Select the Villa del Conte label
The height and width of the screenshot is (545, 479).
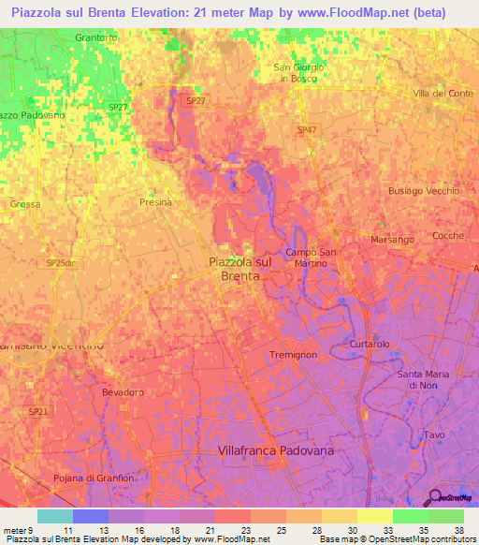pos(443,94)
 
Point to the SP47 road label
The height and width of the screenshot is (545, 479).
pos(306,129)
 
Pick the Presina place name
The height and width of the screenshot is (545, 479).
pos(156,201)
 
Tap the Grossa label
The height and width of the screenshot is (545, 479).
pos(25,204)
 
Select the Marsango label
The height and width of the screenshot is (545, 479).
pos(392,239)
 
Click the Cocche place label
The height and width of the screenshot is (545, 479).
pos(447,236)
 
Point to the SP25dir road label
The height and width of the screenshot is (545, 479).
pos(60,264)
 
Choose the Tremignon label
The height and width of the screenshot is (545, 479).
pos(293,356)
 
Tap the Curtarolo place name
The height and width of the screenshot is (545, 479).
pos(369,345)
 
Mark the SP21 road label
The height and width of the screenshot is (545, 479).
pos(37,412)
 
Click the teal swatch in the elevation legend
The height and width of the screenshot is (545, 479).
pos(54,516)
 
